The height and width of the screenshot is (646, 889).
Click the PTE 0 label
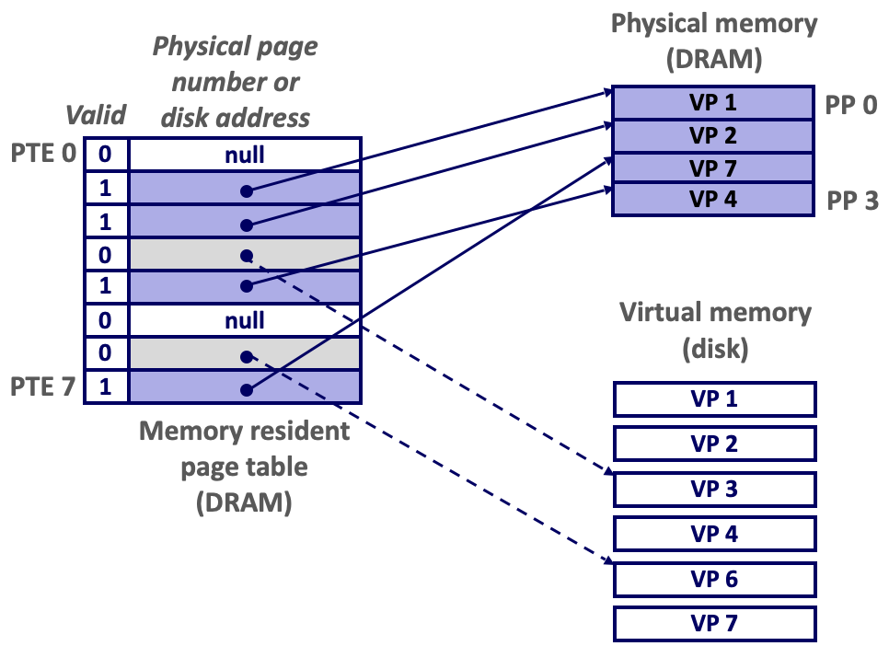[42, 152]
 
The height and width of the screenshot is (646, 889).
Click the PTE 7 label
[42, 386]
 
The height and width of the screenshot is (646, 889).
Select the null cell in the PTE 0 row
[244, 155]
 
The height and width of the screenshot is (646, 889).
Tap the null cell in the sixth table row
[244, 320]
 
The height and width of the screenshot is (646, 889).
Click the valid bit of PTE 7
[106, 386]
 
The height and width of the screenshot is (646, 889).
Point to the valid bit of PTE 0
[106, 155]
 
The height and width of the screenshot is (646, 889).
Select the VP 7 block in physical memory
[713, 168]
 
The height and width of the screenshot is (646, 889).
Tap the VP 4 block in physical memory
[713, 199]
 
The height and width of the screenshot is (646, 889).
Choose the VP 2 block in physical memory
[713, 136]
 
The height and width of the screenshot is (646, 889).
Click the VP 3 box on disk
[714, 489]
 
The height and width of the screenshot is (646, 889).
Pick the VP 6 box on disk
[714, 579]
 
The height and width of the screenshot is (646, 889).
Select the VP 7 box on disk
[714, 624]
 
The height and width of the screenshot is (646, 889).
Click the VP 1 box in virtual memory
[714, 399]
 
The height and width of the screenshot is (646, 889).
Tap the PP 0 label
[850, 103]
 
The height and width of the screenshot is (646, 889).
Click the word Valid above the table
[96, 114]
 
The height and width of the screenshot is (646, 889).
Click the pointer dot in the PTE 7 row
[246, 389]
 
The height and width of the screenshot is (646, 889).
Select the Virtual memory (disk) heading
[714, 330]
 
